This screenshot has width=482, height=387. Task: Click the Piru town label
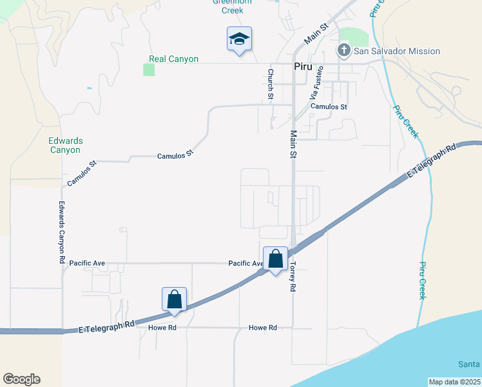pos(303,66)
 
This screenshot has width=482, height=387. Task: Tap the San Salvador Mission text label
pos(398,51)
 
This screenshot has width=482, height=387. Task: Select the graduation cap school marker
pos(239,40)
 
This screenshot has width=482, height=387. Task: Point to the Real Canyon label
pos(173,59)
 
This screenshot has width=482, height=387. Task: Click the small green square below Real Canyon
pos(149,70)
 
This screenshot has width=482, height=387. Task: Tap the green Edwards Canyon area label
pos(65,145)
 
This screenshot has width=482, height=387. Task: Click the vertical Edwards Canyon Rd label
pos(62,232)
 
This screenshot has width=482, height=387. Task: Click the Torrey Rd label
pos(292,275)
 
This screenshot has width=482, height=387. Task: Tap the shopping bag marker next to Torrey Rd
pos(276,259)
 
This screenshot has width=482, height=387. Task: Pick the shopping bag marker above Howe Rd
pos(174,299)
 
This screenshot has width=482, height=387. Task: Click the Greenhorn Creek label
pos(232,6)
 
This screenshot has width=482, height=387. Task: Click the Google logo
pos(21,379)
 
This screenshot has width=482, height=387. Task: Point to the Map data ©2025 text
pos(454,382)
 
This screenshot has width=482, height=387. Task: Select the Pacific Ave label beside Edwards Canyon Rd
pos(87,263)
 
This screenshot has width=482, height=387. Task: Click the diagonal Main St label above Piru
pos(316,34)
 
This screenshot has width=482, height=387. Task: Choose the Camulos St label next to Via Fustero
pos(329,107)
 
